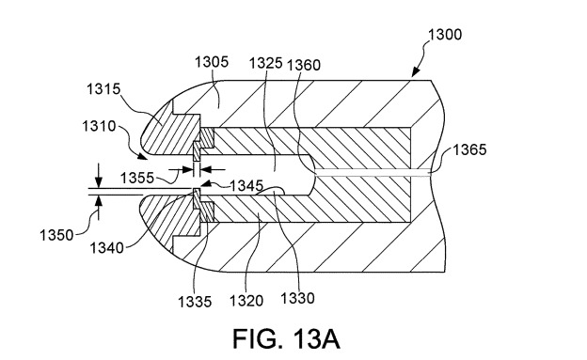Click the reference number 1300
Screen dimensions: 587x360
coord(445,35)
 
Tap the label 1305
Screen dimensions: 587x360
coord(212,62)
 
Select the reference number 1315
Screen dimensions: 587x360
coord(103,89)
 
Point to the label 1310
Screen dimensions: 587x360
coord(99,126)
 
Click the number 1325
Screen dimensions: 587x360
coord(266,63)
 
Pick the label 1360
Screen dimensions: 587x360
coord(304,65)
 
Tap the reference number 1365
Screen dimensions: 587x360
coord(469,149)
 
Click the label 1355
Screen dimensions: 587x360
coord(137,178)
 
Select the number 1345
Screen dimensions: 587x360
coord(246,185)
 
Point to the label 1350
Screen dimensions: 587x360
coord(56,235)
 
